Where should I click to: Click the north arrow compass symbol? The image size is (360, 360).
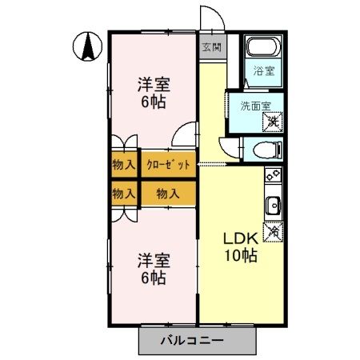87,47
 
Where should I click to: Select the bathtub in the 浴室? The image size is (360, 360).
260,47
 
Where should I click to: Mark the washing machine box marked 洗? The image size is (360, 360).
272,121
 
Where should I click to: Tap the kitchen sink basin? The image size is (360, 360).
272,205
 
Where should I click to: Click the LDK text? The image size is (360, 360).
238,238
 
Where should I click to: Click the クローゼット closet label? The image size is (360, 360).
168,166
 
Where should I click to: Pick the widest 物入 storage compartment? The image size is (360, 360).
168,194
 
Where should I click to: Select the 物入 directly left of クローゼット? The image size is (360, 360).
123,166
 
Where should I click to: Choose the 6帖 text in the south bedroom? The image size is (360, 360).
151,278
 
